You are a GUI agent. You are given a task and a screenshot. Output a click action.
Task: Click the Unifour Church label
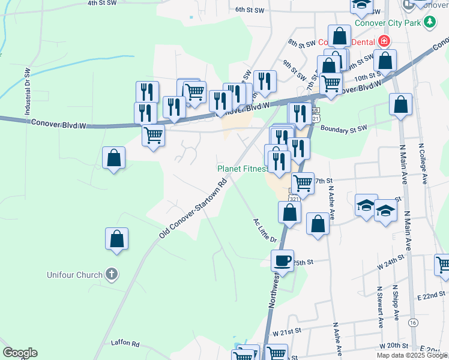click(75, 275)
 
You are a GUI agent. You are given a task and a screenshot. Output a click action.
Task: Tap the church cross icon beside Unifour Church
click(111, 275)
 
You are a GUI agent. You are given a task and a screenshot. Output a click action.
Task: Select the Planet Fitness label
click(241, 169)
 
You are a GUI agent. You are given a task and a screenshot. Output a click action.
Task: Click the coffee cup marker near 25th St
click(282, 261)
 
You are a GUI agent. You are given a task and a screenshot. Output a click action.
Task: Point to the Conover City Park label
click(388, 23)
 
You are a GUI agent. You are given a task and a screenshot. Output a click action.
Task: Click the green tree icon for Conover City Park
click(429, 23)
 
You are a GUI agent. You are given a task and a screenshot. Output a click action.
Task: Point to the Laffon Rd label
click(125, 344)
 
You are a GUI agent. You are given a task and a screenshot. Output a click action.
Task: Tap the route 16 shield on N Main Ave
click(413, 323)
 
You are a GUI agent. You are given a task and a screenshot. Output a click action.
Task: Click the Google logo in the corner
click(20, 353)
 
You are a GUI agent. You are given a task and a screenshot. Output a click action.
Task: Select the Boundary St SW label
click(343, 128)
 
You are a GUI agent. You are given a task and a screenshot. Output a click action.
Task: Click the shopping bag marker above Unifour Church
click(117, 239)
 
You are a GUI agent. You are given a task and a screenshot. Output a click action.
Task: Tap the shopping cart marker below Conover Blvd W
click(154, 136)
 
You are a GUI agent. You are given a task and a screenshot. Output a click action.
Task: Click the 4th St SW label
click(100, 3)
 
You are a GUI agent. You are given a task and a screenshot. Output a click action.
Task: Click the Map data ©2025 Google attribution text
click(412, 355)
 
